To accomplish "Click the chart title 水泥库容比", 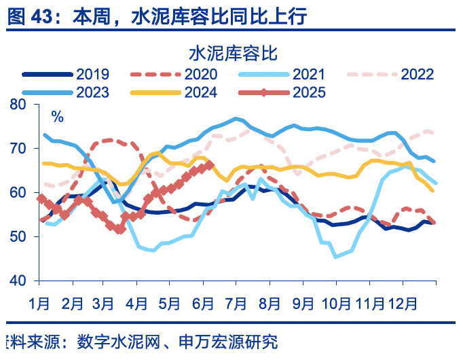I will (x=231, y=52).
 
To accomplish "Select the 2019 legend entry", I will (x=75, y=75).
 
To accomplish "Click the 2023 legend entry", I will (x=75, y=93).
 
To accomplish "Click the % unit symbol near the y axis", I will (x=58, y=117).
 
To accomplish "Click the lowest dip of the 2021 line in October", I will (x=335, y=257).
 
